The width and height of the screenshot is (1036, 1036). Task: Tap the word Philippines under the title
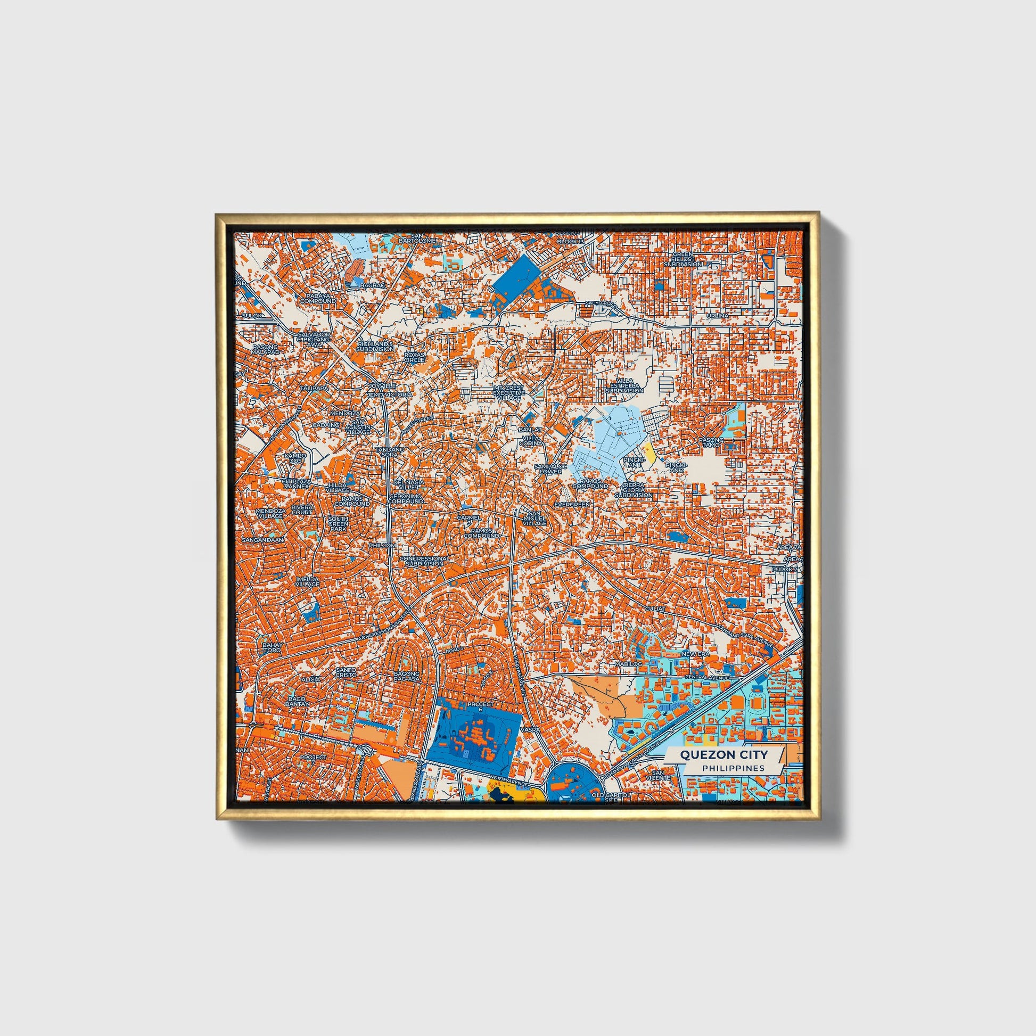[x=733, y=768]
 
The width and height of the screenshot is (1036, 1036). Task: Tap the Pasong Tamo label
[x=711, y=442]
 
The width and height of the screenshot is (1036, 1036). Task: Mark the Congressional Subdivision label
[x=425, y=561]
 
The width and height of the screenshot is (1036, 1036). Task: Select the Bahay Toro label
[x=272, y=647]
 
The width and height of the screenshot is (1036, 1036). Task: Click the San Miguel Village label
[x=533, y=517]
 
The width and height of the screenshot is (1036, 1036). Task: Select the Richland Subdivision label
[x=375, y=346]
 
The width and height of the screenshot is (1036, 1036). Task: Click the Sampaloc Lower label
[x=550, y=468]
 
